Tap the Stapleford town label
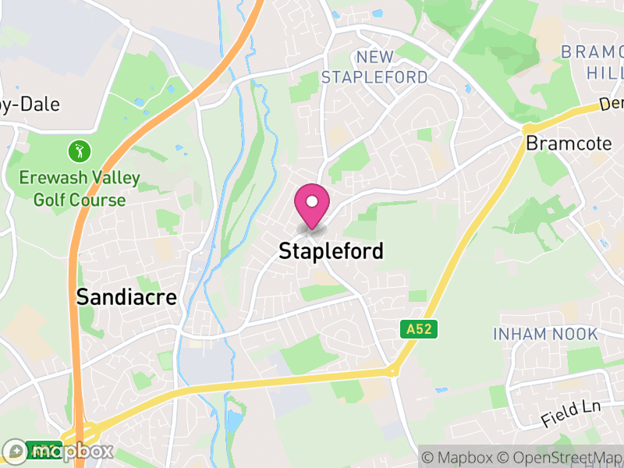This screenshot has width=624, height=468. pyautogui.click(x=331, y=251)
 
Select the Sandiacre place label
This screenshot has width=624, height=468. pyautogui.click(x=126, y=297)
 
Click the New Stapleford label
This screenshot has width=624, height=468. pyautogui.click(x=374, y=67)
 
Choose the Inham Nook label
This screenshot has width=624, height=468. pyautogui.click(x=545, y=334)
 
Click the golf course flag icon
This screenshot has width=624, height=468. pyautogui.click(x=79, y=149)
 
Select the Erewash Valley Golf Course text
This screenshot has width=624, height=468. pyautogui.click(x=79, y=190)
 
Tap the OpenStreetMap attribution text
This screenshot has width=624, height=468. pyautogui.click(x=558, y=456)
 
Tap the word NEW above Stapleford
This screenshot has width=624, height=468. pyautogui.click(x=374, y=56)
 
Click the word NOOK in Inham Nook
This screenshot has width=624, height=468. pyautogui.click(x=576, y=334)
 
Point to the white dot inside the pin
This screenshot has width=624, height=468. pyautogui.click(x=312, y=201)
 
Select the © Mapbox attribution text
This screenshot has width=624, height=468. pyautogui.click(x=459, y=456)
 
